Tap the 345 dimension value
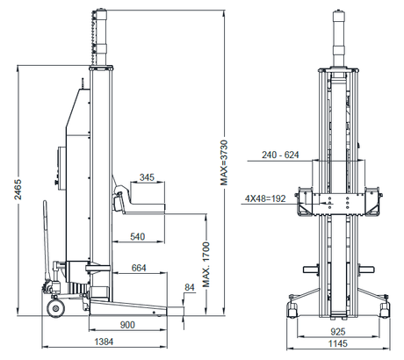point(147,178)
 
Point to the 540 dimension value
point(138,236)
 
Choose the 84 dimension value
point(189,286)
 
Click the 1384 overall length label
point(104,342)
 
